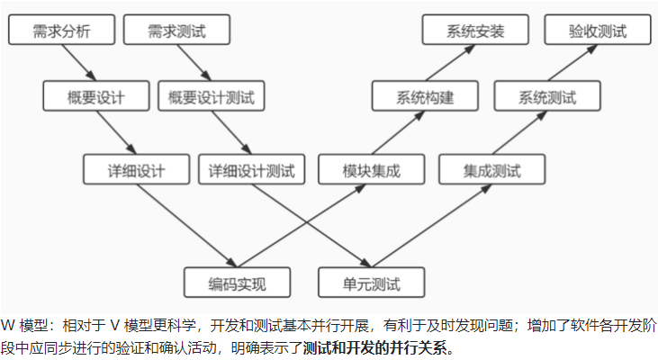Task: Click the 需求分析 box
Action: click(61, 31)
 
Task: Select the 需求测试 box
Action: click(176, 31)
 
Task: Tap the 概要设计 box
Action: click(96, 96)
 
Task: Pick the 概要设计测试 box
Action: click(219, 96)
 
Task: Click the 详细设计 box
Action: click(136, 169)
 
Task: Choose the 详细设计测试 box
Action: click(258, 169)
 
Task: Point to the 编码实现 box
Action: click(238, 283)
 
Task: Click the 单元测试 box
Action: click(372, 283)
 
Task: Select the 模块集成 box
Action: click(371, 169)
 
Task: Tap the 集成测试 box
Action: click(492, 169)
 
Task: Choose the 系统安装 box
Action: click(475, 31)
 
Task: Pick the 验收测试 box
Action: click(598, 31)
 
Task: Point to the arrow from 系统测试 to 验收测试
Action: click(572, 64)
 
